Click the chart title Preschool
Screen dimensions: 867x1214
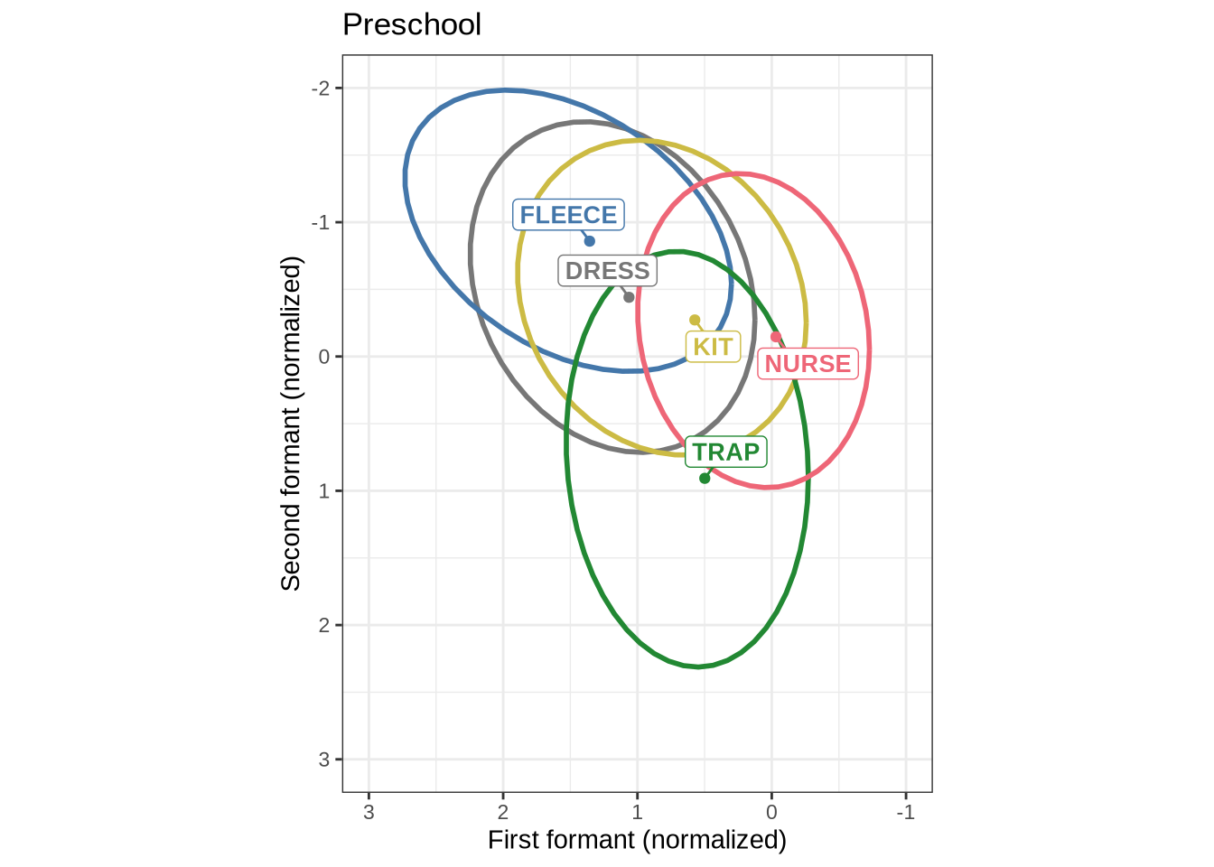(412, 24)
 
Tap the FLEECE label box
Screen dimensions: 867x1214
(568, 215)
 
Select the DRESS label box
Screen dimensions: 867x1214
(607, 271)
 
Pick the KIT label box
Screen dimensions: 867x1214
(713, 347)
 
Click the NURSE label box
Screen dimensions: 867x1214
(808, 364)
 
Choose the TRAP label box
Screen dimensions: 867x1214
(726, 452)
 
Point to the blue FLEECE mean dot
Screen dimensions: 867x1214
(589, 241)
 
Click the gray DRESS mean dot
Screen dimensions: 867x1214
(629, 297)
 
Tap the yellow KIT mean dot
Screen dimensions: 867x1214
(695, 320)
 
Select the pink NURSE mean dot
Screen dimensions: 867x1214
(776, 337)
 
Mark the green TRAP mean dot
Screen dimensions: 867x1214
(705, 478)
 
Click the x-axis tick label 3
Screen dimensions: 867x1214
(369, 813)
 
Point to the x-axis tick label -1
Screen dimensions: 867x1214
(905, 813)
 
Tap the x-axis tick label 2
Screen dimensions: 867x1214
(503, 813)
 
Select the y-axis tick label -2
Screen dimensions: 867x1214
(320, 89)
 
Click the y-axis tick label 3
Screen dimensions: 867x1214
(324, 760)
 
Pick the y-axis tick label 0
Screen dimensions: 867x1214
(324, 357)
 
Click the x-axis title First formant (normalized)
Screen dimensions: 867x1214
(637, 841)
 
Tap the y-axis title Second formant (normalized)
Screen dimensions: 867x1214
(291, 424)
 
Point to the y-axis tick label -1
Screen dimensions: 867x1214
(320, 222)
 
